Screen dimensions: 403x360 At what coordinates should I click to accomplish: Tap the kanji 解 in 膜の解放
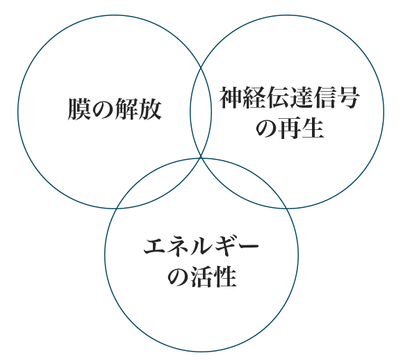(x=126, y=109)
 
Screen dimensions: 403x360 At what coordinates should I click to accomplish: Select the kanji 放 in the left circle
(x=150, y=109)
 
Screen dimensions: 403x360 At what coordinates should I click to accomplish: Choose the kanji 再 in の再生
(x=290, y=128)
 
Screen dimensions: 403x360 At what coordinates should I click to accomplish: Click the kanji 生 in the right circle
(x=313, y=128)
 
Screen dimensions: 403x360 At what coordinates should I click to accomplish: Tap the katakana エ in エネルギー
(x=155, y=246)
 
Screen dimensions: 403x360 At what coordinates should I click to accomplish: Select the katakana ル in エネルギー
(x=201, y=246)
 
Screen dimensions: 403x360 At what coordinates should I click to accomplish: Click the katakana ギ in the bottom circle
(x=224, y=246)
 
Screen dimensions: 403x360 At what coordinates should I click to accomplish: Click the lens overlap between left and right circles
(x=201, y=112)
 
